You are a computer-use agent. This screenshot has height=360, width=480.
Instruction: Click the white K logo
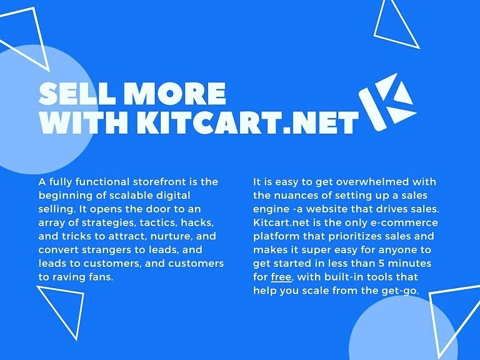pos(387,102)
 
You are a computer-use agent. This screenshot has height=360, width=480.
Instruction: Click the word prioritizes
pos(335,236)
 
